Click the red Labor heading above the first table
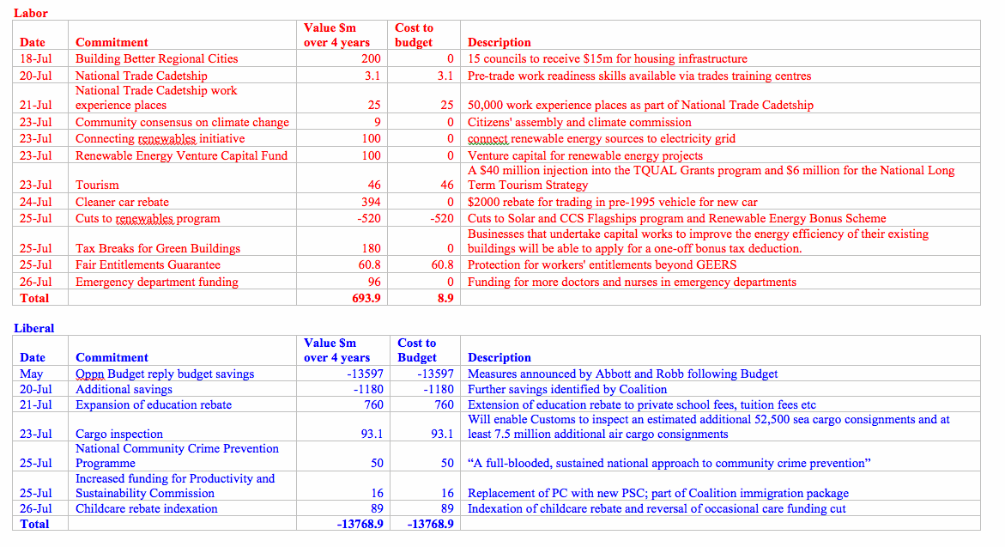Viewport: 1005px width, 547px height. point(31,13)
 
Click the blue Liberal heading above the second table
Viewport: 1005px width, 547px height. point(34,328)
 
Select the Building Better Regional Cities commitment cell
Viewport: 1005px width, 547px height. point(156,59)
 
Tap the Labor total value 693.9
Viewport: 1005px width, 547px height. point(364,298)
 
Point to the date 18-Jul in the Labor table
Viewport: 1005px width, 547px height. point(35,59)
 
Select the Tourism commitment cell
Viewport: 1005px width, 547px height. point(97,185)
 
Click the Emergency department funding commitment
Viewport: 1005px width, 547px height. point(157,282)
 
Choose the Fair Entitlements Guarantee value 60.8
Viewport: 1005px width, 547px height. point(369,264)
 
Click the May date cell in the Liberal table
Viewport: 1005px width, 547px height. point(31,374)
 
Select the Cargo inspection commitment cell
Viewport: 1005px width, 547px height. point(119,434)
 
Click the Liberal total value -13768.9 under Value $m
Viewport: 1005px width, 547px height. point(360,524)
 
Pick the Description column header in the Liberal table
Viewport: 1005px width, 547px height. point(499,357)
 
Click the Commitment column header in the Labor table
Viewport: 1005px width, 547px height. point(112,42)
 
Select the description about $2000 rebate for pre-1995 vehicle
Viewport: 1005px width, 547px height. point(613,202)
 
